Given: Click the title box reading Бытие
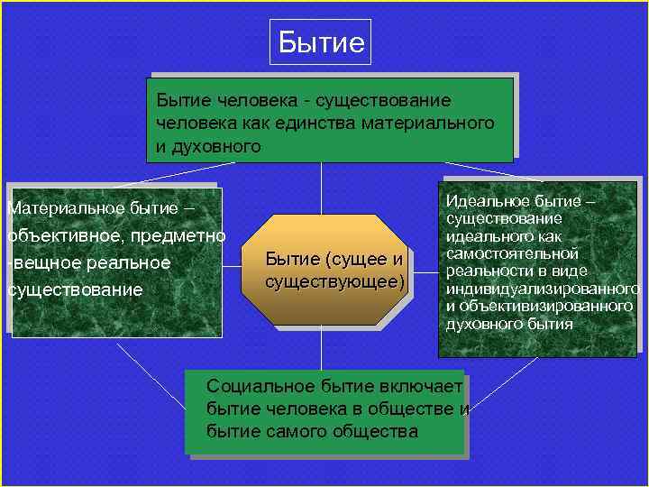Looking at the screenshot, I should [321, 42].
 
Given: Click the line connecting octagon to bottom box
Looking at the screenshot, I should [322, 346].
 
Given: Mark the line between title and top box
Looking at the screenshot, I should [321, 71].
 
